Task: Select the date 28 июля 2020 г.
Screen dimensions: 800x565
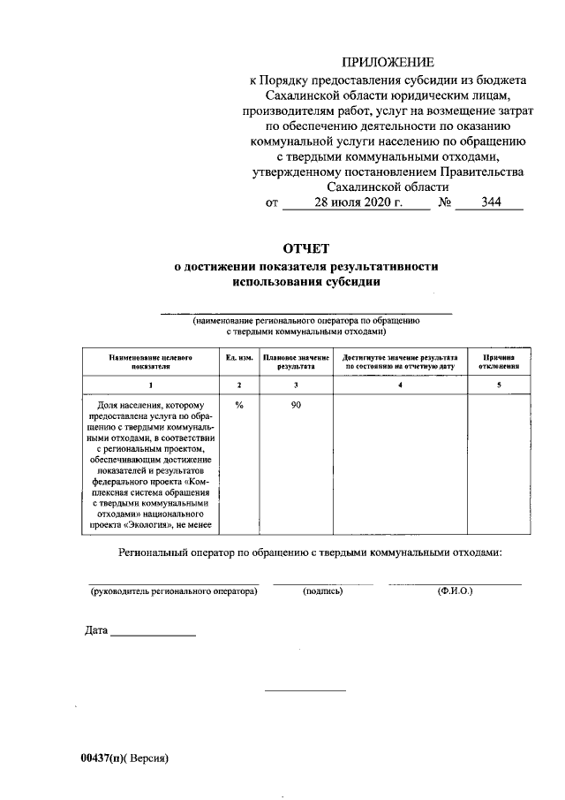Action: (x=358, y=203)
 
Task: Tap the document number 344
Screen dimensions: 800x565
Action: (x=491, y=203)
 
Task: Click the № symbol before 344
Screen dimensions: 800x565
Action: (x=446, y=203)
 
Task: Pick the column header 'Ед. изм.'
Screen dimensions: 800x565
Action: (x=239, y=356)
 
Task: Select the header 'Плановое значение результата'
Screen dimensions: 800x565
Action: (x=296, y=361)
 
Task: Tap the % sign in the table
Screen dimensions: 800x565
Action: (x=239, y=405)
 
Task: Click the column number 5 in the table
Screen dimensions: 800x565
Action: (x=499, y=385)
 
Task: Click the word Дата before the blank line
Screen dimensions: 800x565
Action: (x=97, y=631)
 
